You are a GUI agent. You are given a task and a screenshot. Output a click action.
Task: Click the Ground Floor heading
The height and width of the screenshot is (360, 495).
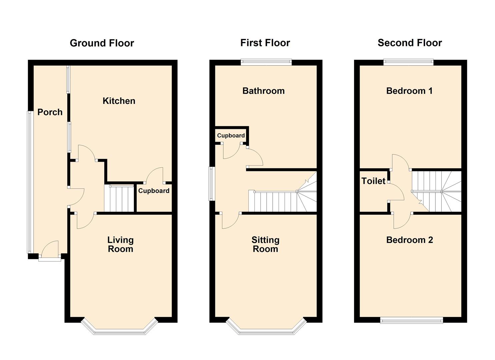(102, 43)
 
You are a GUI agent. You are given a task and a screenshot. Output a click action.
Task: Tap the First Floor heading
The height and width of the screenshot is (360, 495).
(265, 43)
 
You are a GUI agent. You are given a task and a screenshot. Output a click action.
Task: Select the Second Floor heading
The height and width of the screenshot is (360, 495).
(409, 43)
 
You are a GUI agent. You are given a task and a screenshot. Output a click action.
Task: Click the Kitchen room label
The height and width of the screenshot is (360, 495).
(119, 101)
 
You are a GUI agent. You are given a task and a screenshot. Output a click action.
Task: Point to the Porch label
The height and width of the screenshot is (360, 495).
(50, 112)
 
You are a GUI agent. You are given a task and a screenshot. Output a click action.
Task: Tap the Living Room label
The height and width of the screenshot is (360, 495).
(120, 244)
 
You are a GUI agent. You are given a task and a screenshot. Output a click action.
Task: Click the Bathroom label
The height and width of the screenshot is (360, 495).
(263, 91)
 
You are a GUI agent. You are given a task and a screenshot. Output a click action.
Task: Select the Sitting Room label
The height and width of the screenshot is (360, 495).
(265, 244)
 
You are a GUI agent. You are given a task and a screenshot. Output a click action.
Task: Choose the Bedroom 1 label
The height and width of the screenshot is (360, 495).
(409, 91)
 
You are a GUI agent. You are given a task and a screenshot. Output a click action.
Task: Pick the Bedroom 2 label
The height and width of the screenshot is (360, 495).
(409, 240)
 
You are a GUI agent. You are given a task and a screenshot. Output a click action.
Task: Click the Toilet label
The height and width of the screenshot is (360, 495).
(373, 181)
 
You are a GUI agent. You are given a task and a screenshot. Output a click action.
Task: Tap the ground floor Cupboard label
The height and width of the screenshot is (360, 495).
(154, 191)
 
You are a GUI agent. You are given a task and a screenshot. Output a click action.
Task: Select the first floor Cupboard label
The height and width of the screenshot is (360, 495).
(231, 135)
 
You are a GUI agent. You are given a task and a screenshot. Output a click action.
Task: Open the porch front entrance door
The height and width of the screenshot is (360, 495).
(50, 250)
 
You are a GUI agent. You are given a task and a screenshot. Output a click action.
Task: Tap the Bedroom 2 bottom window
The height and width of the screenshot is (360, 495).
(411, 320)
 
